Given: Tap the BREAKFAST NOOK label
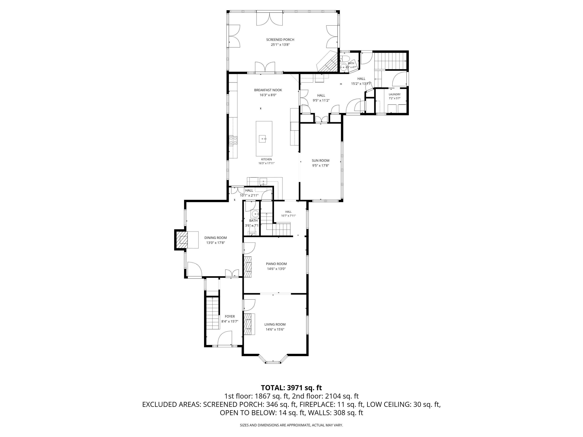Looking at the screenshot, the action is pos(268,90).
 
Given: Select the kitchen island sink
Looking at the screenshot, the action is pos(263,138).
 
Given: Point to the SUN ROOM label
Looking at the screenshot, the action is pos(320,160).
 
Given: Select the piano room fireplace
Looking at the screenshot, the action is pos(248,267).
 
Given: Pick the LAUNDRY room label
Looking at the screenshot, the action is pos(394,94).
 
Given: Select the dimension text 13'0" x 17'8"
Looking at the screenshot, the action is pos(216,243).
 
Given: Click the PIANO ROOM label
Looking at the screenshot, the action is pos(276,264).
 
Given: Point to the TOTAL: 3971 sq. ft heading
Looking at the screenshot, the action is pos(291,388).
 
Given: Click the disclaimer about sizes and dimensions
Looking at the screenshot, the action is pos(291,425).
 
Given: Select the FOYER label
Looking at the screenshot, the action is pos(230,316).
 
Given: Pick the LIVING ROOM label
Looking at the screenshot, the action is pos(275,325).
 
